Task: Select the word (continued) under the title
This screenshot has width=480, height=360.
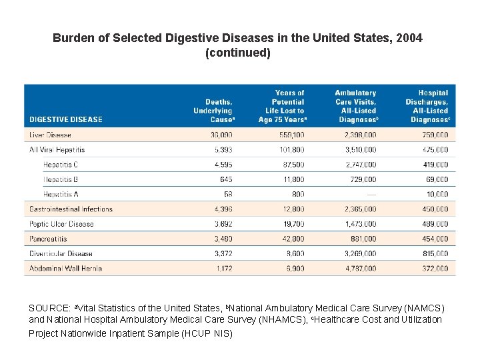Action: coord(239,52)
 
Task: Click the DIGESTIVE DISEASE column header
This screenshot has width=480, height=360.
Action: coord(66,119)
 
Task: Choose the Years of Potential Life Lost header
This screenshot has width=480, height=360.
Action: coord(282,106)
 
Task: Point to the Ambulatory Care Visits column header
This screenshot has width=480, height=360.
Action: coord(355,106)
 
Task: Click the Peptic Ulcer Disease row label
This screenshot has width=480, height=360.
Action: coord(62,224)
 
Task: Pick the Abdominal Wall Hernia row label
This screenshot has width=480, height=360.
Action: coord(65,269)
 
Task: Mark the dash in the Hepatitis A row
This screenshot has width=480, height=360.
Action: coord(371,194)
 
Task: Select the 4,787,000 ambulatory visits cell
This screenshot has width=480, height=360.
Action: coord(360,269)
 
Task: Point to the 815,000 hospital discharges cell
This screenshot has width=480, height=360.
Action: coord(435,253)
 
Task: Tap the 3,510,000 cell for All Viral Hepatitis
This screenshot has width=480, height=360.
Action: coord(360,149)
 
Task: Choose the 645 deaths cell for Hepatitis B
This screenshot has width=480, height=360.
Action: coord(225,179)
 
